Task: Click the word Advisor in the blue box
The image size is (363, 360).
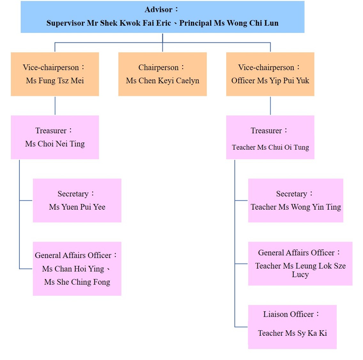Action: tap(158, 10)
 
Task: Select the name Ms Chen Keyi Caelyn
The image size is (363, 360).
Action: tap(163, 81)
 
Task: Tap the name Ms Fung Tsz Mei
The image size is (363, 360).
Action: tap(55, 81)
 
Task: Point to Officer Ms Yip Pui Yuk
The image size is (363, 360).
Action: tap(270, 81)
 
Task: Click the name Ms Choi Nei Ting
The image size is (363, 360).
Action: tap(55, 144)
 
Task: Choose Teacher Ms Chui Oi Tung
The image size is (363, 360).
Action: tap(270, 147)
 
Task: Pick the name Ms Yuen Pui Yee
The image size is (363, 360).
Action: tap(77, 207)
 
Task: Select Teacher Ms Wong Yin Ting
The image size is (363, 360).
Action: tap(296, 207)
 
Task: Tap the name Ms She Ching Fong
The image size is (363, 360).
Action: tap(77, 282)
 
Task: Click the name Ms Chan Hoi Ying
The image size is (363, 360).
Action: tap(73, 269)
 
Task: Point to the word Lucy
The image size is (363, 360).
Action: tap(300, 275)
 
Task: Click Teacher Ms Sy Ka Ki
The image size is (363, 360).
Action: tap(292, 333)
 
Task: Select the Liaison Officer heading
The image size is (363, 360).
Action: tap(289, 314)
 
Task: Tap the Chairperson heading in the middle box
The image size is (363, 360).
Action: tap(158, 67)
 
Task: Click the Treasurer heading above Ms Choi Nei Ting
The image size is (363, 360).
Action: tap(51, 131)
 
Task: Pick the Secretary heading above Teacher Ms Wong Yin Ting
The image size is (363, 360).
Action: tap(292, 194)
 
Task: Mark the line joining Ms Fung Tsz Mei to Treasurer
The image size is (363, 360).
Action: tap(55, 106)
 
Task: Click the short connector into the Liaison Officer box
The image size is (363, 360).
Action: tap(241, 327)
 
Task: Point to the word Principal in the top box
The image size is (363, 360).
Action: tap(196, 23)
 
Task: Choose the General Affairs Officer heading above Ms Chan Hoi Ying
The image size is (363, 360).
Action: tap(73, 255)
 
